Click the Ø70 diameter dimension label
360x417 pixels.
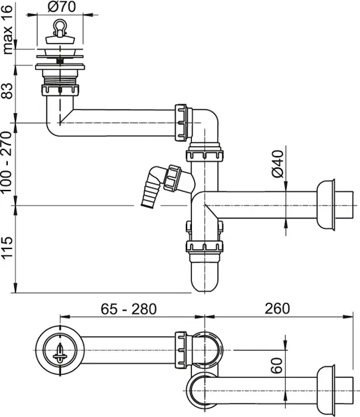point(62,7)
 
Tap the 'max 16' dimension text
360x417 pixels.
point(7,30)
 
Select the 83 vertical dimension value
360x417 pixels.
point(7,91)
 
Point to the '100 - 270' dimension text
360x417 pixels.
point(7,162)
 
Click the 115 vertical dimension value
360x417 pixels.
point(7,247)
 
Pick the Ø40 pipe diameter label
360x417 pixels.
point(278,164)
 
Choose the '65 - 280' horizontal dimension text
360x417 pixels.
point(129,309)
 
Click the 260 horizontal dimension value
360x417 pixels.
point(277,309)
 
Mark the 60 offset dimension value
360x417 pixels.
point(277,365)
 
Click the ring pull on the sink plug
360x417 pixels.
point(60,27)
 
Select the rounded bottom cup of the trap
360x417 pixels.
point(204,276)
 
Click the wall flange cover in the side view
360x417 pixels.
point(325,205)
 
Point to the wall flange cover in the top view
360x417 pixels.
point(325,390)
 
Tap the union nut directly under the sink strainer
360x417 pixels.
point(60,90)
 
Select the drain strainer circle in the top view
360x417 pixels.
point(60,350)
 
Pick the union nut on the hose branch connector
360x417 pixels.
point(172,178)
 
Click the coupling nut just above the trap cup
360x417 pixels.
point(204,247)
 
